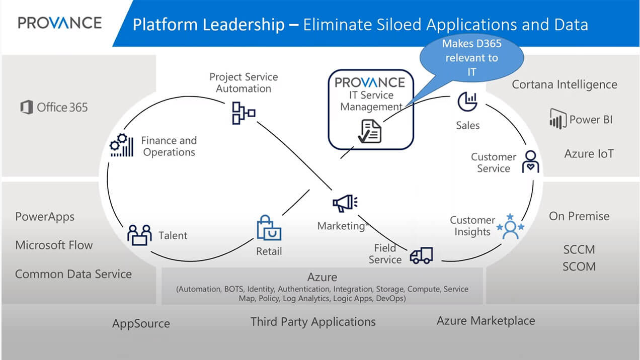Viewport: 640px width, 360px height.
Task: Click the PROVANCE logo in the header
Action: coord(59,23)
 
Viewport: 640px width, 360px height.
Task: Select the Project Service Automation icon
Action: coord(243,113)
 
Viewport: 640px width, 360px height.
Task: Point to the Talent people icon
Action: coord(139,235)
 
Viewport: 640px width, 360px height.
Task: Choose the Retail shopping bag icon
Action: coord(268,229)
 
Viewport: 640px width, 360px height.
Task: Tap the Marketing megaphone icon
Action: coord(345,203)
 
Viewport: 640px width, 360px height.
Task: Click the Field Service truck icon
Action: coord(421,255)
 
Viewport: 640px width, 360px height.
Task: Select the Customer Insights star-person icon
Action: coord(510,227)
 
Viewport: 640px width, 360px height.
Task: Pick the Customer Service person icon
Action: coord(530,161)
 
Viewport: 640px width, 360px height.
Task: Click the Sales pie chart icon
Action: coord(467,102)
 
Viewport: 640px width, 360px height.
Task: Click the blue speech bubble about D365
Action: coord(471,58)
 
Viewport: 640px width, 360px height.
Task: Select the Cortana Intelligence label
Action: coord(564,84)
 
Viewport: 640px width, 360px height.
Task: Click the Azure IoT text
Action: coord(589,153)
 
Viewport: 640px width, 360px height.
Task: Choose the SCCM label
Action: coord(579,249)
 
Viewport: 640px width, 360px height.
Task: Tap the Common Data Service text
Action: coord(73,274)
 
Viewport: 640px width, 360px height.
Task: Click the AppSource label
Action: coord(141,323)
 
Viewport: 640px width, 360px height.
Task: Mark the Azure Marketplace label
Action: coord(486,321)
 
